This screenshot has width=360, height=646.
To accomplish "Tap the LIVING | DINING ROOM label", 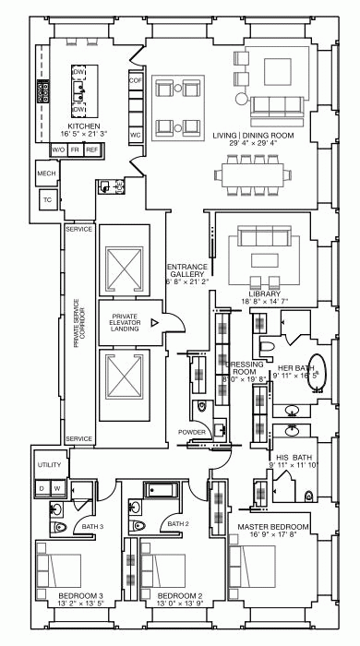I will click(x=253, y=138).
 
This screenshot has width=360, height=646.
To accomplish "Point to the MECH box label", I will click(x=46, y=173).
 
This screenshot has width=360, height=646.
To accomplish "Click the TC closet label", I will click(x=46, y=199).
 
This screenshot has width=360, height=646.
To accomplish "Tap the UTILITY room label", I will click(x=48, y=464).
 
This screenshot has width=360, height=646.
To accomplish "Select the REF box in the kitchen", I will click(x=92, y=150).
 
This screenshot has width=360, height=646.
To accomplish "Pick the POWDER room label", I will click(x=192, y=431).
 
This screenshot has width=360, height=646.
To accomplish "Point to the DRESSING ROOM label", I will click(x=244, y=369).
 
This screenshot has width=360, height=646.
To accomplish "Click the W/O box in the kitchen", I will click(x=58, y=150).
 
